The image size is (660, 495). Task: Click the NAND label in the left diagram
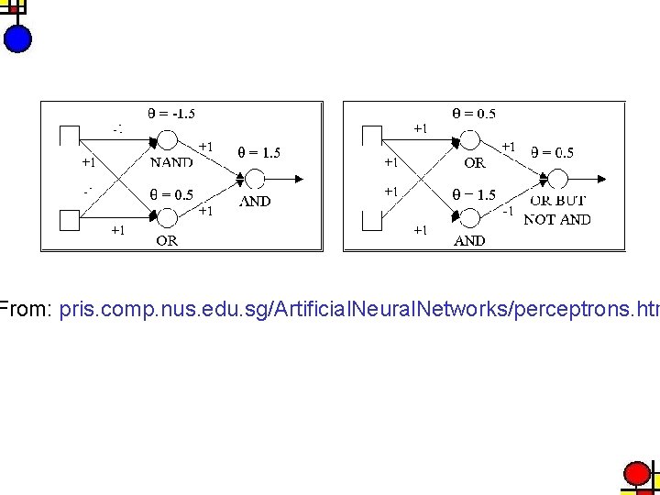[171, 162]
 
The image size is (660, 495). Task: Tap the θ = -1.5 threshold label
[171, 115]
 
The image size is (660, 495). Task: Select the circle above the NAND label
[169, 140]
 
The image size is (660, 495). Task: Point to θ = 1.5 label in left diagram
[259, 153]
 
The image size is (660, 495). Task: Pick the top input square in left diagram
[69, 136]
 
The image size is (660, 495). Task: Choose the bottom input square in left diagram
[69, 220]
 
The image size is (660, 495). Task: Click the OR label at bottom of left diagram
[167, 241]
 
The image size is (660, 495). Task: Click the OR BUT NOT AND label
[557, 210]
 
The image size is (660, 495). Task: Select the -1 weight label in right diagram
[506, 210]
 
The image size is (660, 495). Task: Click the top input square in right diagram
[371, 136]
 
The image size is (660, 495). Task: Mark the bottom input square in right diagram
[371, 220]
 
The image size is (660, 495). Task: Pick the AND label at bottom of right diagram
[469, 241]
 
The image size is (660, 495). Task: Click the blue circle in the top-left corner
[17, 38]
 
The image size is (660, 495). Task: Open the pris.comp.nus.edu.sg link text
[358, 310]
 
